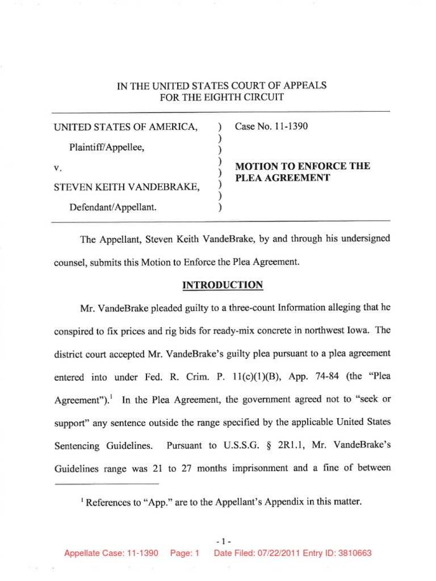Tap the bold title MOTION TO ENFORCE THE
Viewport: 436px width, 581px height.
(x=303, y=166)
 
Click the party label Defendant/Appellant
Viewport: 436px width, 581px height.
(x=112, y=208)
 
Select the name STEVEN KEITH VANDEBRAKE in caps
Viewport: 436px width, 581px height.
(x=126, y=187)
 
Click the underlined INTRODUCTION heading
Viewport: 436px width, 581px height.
(x=221, y=285)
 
